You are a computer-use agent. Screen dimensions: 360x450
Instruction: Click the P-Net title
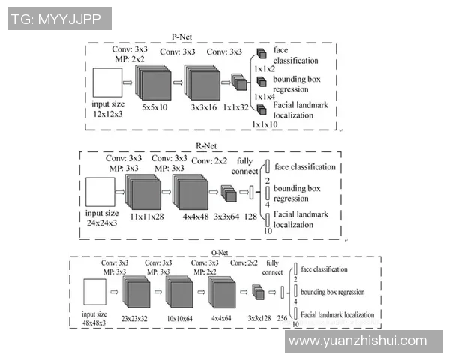tap(182, 35)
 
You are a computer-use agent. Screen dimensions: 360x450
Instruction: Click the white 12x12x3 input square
tap(106, 81)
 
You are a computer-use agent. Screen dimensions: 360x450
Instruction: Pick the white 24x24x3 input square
tap(100, 193)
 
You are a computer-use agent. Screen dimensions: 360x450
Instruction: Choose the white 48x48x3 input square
tap(93, 293)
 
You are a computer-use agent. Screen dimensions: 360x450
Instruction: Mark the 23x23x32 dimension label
tap(135, 318)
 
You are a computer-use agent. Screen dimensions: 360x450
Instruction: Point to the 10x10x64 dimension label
tap(179, 318)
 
